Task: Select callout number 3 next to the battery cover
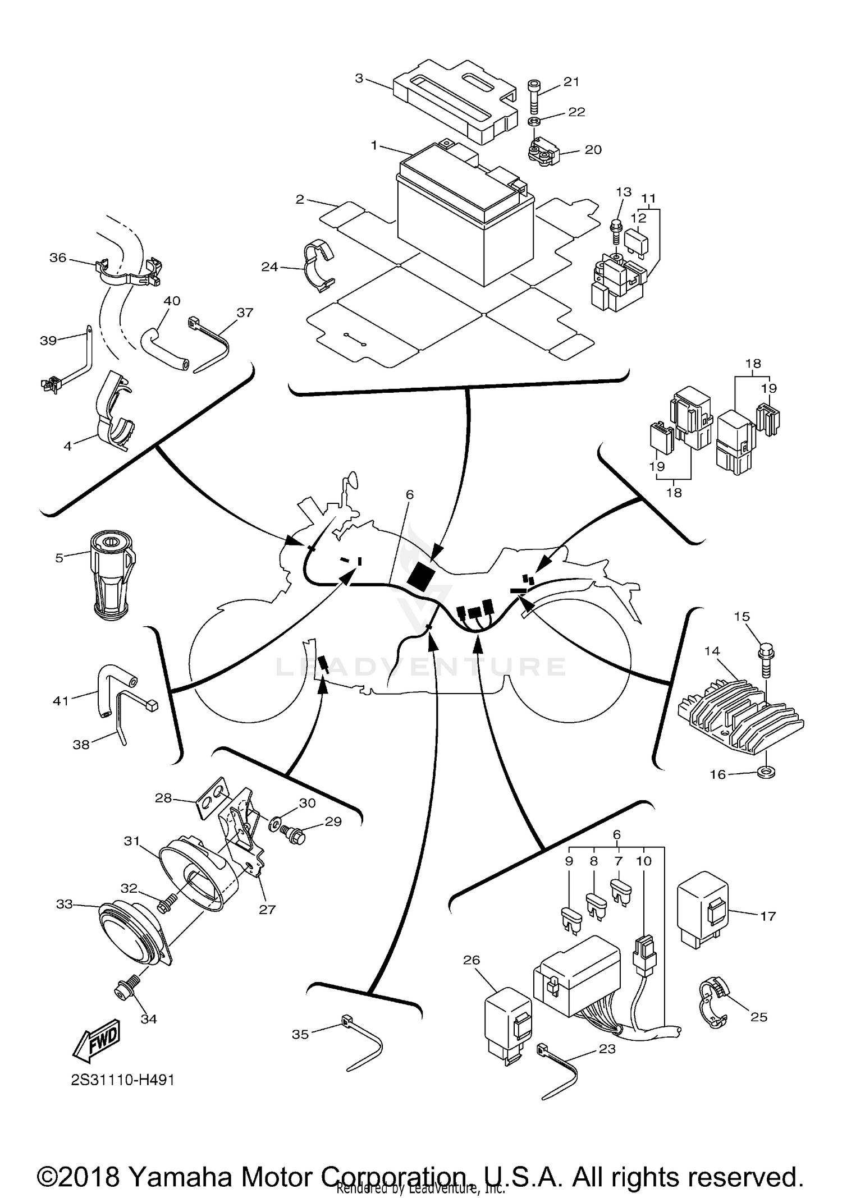tap(359, 78)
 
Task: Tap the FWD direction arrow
tap(97, 1041)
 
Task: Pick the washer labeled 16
tap(767, 774)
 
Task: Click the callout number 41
tap(60, 700)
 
